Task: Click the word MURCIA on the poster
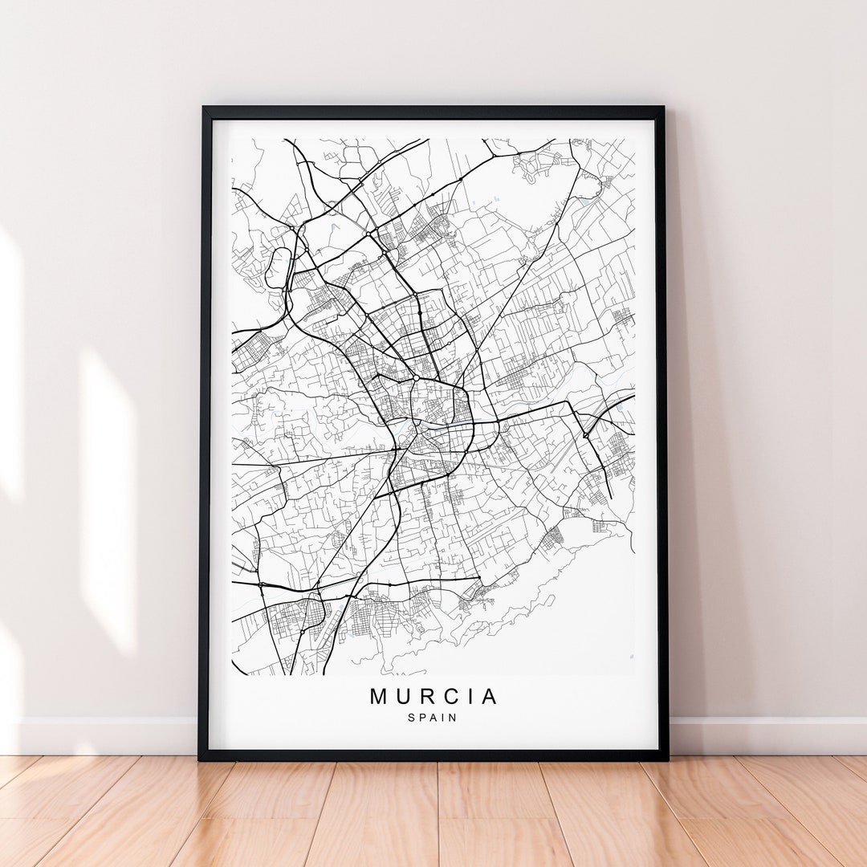(433, 696)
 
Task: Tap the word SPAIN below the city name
(433, 718)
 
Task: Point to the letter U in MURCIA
(402, 696)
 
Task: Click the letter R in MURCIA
(424, 696)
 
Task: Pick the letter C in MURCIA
(446, 696)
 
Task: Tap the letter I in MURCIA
(466, 696)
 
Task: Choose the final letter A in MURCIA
(487, 696)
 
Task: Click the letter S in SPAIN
(412, 718)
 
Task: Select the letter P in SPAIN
(422, 718)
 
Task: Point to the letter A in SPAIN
(433, 718)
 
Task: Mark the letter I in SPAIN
(443, 718)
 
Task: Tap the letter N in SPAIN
(454, 718)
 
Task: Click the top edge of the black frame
(433, 112)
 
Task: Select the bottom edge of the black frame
(433, 755)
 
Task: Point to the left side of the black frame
(205, 433)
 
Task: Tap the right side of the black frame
(662, 433)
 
